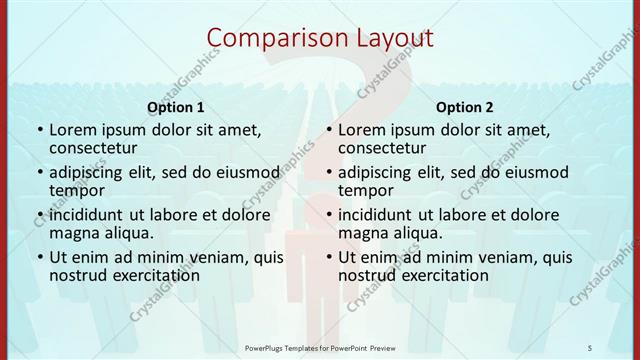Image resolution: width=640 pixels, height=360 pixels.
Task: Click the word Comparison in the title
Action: [x=268, y=39]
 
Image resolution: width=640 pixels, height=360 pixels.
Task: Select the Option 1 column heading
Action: [x=176, y=107]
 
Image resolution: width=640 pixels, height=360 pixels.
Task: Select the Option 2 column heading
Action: [x=465, y=107]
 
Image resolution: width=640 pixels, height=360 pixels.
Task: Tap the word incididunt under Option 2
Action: [x=383, y=214]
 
